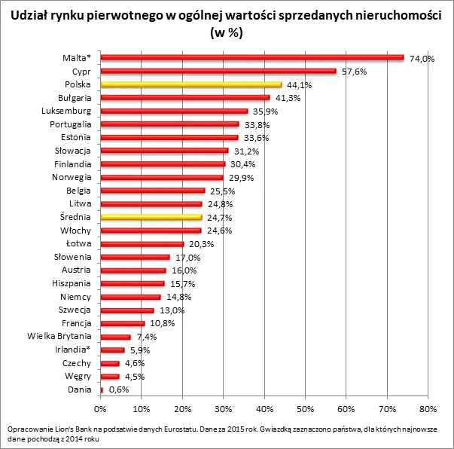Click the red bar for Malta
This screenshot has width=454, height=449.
point(252,57)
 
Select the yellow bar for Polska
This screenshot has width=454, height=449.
point(191,84)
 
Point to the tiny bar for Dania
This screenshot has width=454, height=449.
point(102,389)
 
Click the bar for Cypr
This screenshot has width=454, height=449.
point(218,71)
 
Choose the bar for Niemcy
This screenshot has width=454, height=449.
point(130,297)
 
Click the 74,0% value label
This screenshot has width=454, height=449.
point(422,59)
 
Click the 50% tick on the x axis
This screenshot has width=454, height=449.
point(305,408)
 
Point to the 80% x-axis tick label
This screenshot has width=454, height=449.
point(428,408)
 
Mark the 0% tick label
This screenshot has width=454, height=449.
point(100,408)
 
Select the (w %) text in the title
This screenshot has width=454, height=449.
point(227,34)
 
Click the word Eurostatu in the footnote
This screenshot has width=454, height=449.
point(193,429)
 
